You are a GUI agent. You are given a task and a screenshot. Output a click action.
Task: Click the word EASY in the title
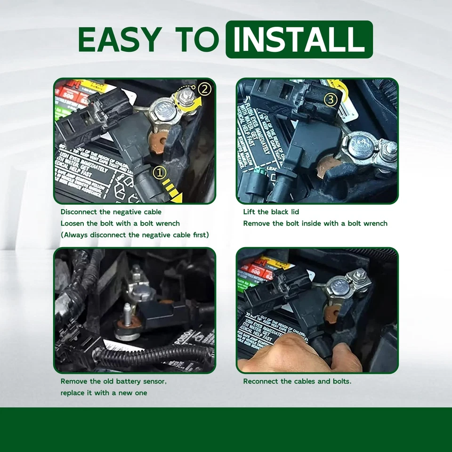point(120,40)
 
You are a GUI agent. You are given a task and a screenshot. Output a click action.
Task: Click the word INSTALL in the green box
point(299,40)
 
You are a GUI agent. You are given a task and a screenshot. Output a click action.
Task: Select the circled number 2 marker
point(204,88)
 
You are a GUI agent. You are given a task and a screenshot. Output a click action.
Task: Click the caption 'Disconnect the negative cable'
point(111,212)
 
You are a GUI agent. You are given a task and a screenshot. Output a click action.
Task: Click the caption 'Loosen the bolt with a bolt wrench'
point(120,223)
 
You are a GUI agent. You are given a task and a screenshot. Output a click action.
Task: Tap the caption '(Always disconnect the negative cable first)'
point(135,234)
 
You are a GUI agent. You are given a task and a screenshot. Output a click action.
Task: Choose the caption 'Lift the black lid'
point(271,212)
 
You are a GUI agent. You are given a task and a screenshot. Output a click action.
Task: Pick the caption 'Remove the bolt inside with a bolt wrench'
point(315,223)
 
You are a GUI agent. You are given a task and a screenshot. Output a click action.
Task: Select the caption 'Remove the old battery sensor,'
point(113,381)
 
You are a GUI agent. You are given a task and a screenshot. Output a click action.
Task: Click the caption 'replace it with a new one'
point(104,393)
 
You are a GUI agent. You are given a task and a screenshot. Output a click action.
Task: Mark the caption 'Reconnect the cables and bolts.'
point(297,381)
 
